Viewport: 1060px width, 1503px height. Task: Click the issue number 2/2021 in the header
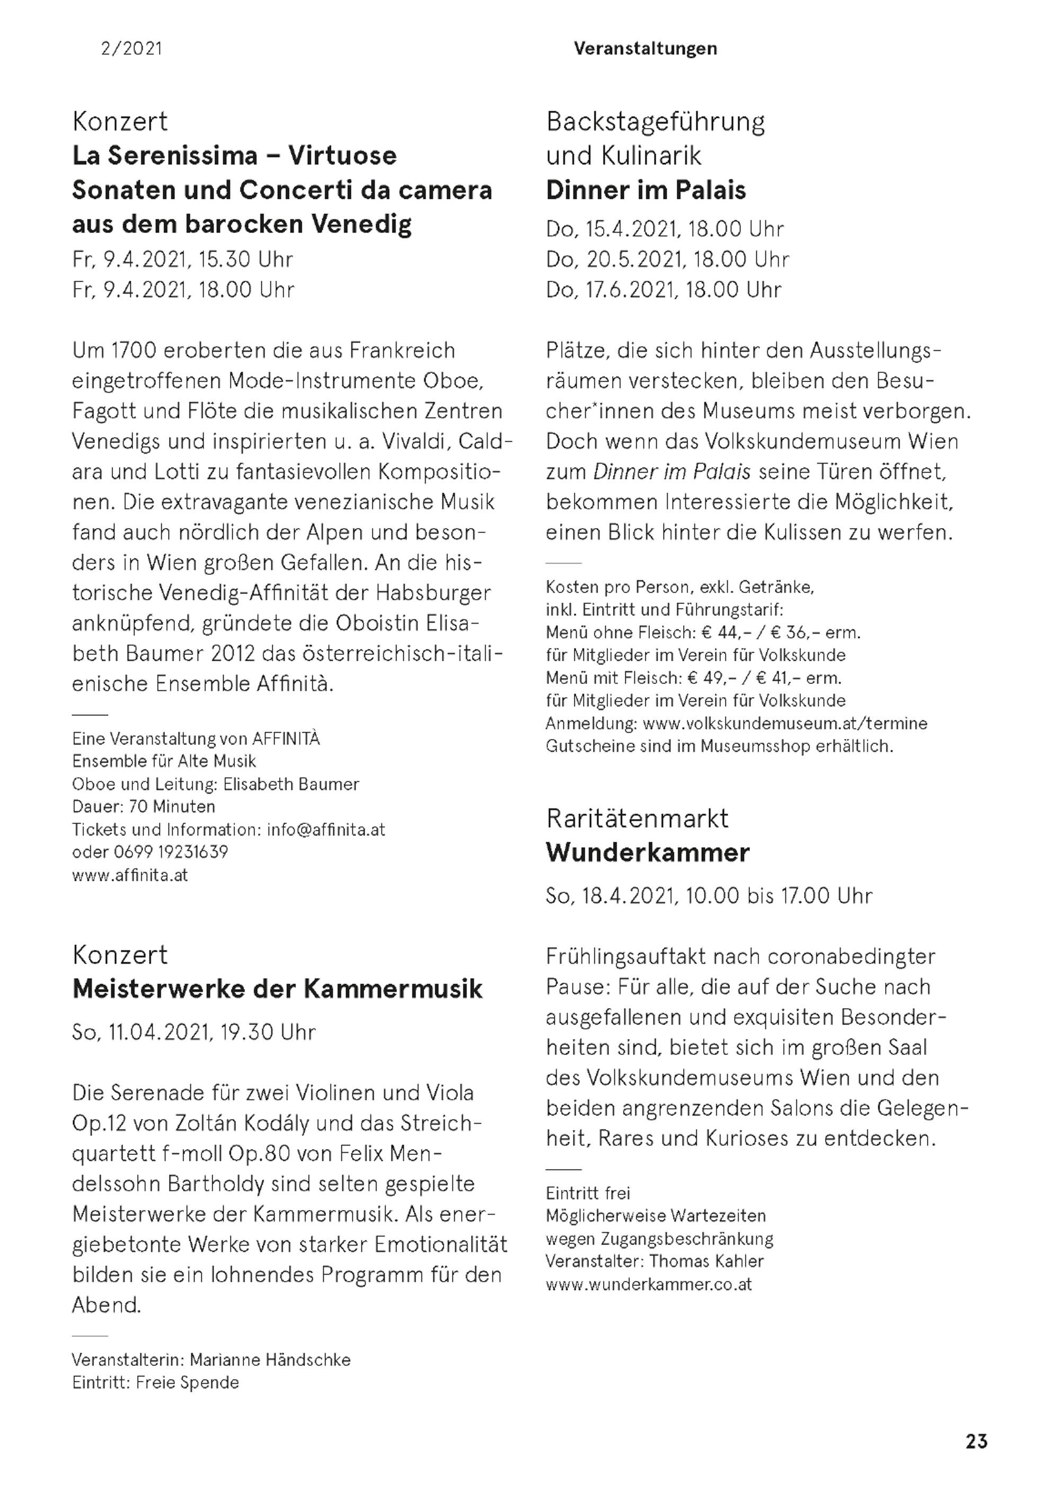131,48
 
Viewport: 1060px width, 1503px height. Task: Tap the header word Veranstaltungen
645,48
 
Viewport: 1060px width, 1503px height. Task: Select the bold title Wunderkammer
648,853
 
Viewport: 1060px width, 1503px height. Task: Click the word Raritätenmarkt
637,819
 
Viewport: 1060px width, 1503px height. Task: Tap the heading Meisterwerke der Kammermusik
277,989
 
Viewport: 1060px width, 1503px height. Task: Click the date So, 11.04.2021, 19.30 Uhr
194,1033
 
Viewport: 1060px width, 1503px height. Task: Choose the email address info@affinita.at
325,830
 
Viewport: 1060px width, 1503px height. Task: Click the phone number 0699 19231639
171,852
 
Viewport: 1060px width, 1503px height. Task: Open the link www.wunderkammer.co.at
649,1284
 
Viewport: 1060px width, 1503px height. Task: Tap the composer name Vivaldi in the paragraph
410,441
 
